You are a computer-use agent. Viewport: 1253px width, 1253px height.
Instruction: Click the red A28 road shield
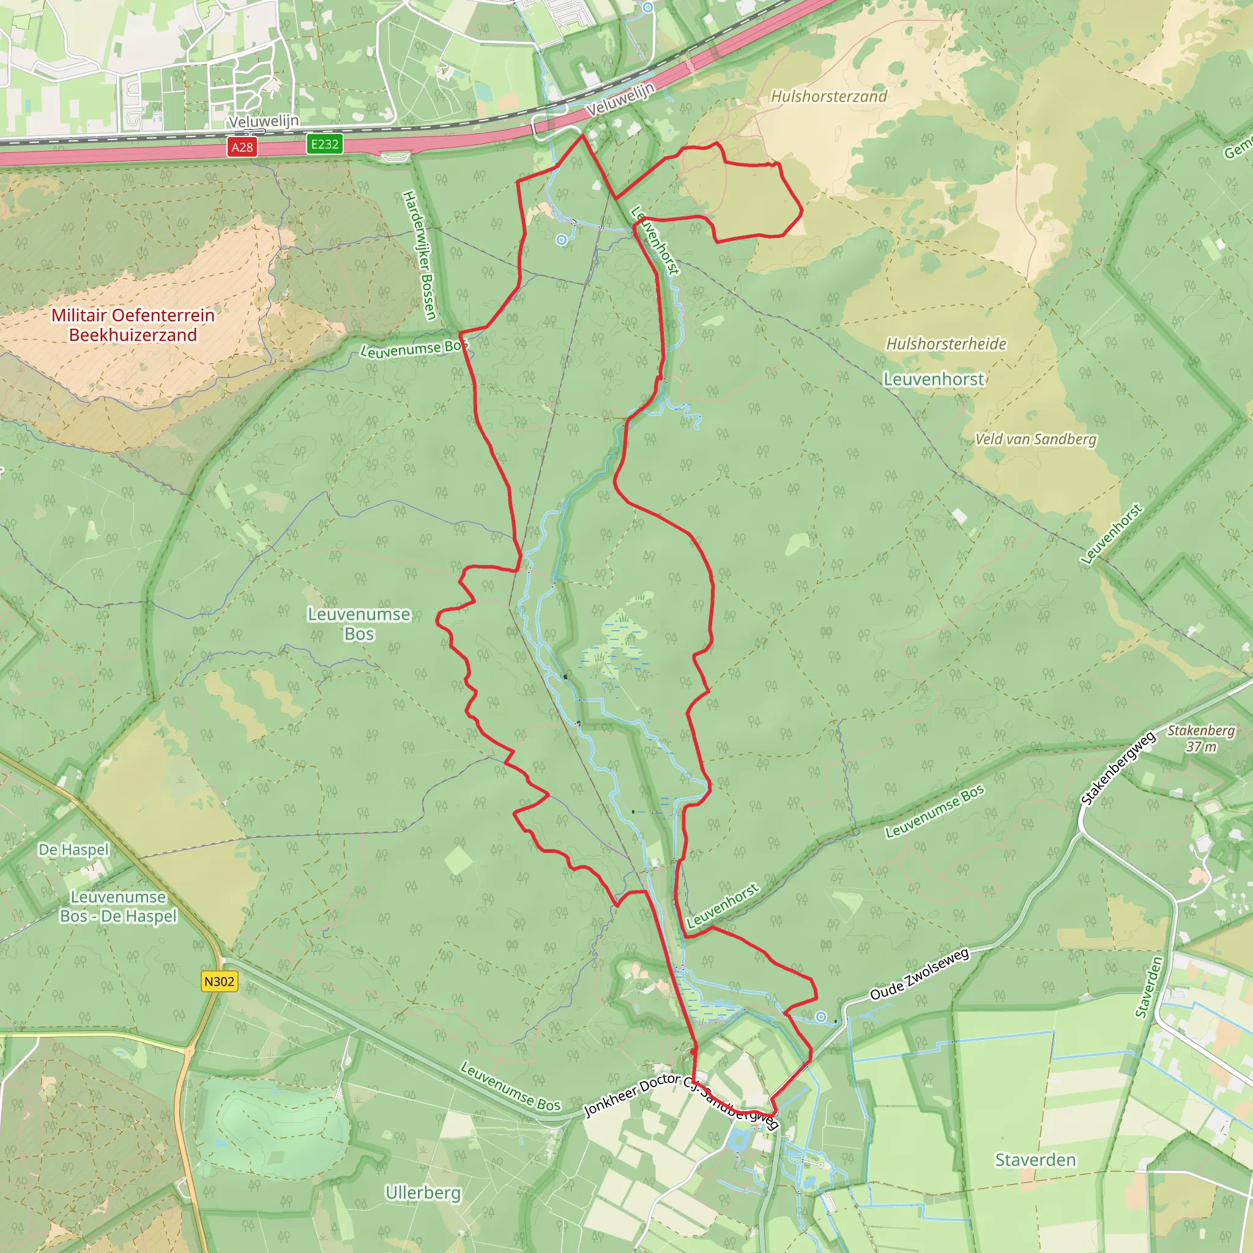[242, 147]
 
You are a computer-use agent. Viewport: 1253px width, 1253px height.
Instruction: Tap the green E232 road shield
[324, 144]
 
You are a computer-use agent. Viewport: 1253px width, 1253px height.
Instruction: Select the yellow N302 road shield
[219, 981]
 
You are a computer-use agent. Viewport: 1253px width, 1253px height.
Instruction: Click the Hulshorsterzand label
[828, 97]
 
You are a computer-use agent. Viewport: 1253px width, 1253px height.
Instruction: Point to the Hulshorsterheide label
[946, 344]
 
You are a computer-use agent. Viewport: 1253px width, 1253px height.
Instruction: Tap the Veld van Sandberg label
[1035, 439]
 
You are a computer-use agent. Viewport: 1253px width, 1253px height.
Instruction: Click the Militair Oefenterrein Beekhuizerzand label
[133, 325]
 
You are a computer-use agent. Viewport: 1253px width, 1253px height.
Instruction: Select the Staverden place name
[1035, 1159]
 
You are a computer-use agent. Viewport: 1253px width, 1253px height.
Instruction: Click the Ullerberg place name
[423, 1192]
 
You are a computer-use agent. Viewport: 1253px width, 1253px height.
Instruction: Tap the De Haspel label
[74, 850]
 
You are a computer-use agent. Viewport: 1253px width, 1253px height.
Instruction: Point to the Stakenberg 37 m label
[1201, 738]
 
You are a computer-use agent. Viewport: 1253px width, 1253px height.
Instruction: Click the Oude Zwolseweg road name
[919, 973]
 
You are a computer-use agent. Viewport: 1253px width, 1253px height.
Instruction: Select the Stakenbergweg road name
[1118, 768]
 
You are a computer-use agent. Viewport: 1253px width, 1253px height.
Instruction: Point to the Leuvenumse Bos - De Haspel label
[118, 907]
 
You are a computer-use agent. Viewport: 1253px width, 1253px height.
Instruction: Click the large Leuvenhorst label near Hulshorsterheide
[933, 379]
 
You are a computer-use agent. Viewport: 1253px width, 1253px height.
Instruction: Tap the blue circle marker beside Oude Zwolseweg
[821, 1017]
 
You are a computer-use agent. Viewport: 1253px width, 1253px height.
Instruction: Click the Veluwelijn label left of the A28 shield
[263, 121]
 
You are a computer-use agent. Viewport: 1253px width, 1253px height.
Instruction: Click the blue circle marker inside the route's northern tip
[562, 240]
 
